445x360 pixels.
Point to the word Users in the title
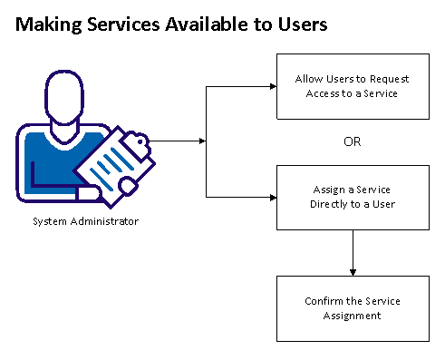[300, 26]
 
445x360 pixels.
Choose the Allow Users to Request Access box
[351, 86]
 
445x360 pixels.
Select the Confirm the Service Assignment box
[351, 307]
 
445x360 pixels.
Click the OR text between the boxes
[352, 141]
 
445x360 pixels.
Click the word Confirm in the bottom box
[323, 301]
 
